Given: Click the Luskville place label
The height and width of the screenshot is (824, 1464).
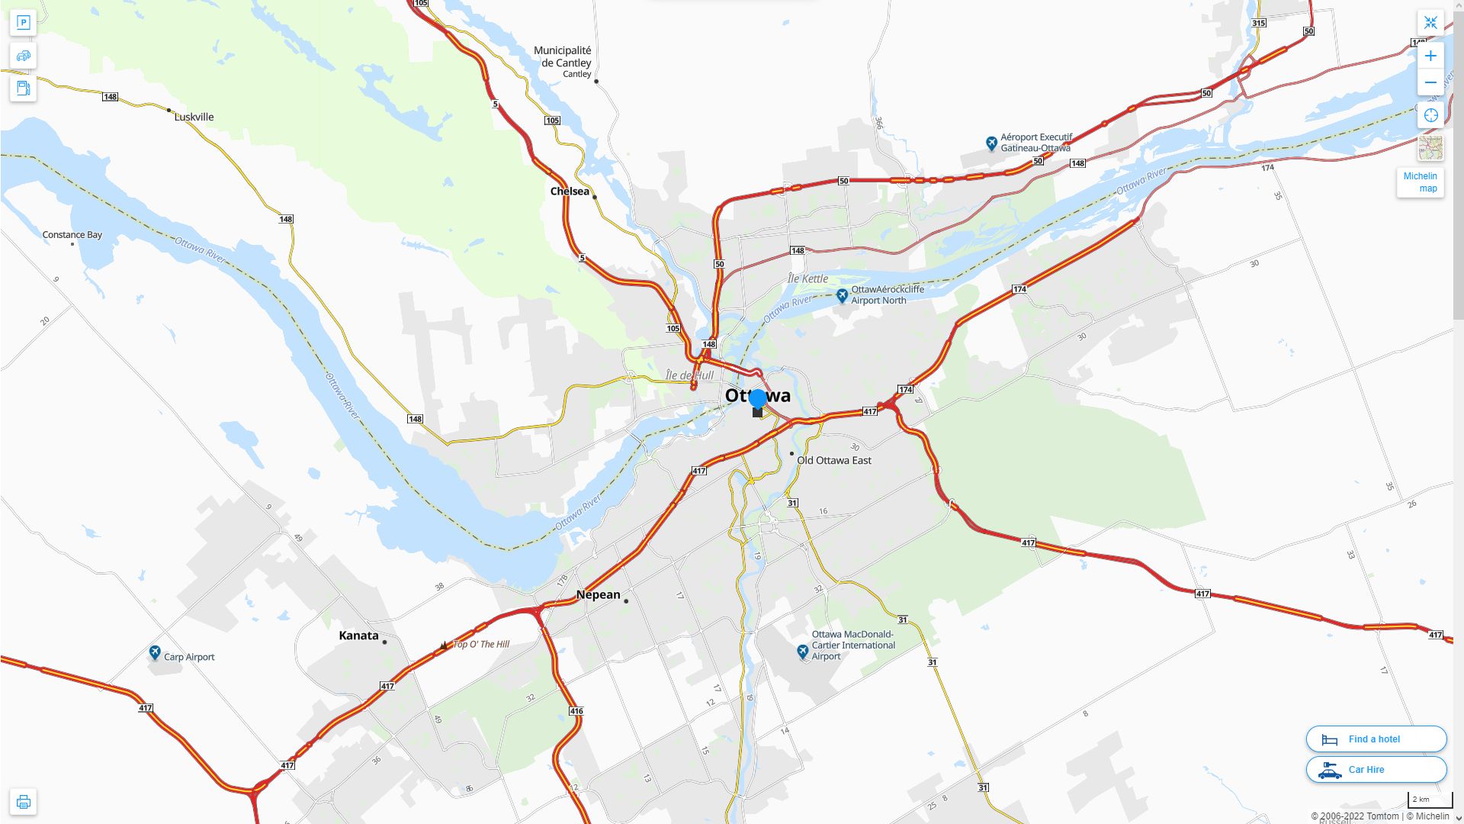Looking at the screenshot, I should pyautogui.click(x=194, y=117).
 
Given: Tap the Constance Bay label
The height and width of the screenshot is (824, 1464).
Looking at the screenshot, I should pyautogui.click(x=72, y=235).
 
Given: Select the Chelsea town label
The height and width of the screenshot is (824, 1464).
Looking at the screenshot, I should pyautogui.click(x=570, y=192).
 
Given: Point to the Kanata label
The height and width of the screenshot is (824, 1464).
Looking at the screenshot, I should pyautogui.click(x=358, y=636).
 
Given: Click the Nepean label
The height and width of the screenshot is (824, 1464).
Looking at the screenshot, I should pyautogui.click(x=599, y=595).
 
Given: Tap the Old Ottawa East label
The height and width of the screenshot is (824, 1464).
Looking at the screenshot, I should pyautogui.click(x=833, y=460).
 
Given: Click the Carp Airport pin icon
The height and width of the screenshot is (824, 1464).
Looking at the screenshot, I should pyautogui.click(x=155, y=652).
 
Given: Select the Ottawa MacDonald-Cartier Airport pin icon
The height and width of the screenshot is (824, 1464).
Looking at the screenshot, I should pyautogui.click(x=802, y=651).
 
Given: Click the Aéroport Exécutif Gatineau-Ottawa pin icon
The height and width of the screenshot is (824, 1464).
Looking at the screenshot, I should pyautogui.click(x=991, y=143).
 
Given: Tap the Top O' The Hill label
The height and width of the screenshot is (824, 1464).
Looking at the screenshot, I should pyautogui.click(x=480, y=645).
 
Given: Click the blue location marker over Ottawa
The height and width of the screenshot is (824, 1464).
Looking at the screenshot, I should pyautogui.click(x=757, y=398).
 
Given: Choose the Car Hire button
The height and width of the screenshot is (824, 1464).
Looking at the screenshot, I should pyautogui.click(x=1376, y=770).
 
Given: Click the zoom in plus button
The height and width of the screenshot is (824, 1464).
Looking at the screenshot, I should pyautogui.click(x=1430, y=56).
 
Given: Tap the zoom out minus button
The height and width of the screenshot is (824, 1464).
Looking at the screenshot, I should pyautogui.click(x=1430, y=82).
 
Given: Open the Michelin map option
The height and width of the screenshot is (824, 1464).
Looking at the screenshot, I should pyautogui.click(x=1420, y=182).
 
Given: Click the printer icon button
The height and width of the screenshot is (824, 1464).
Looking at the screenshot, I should pyautogui.click(x=24, y=802).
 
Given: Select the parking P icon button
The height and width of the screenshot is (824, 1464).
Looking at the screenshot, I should pyautogui.click(x=24, y=23).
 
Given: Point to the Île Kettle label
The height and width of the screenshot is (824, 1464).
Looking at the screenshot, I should pyautogui.click(x=807, y=278).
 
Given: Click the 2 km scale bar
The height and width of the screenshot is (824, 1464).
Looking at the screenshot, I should pyautogui.click(x=1430, y=800).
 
